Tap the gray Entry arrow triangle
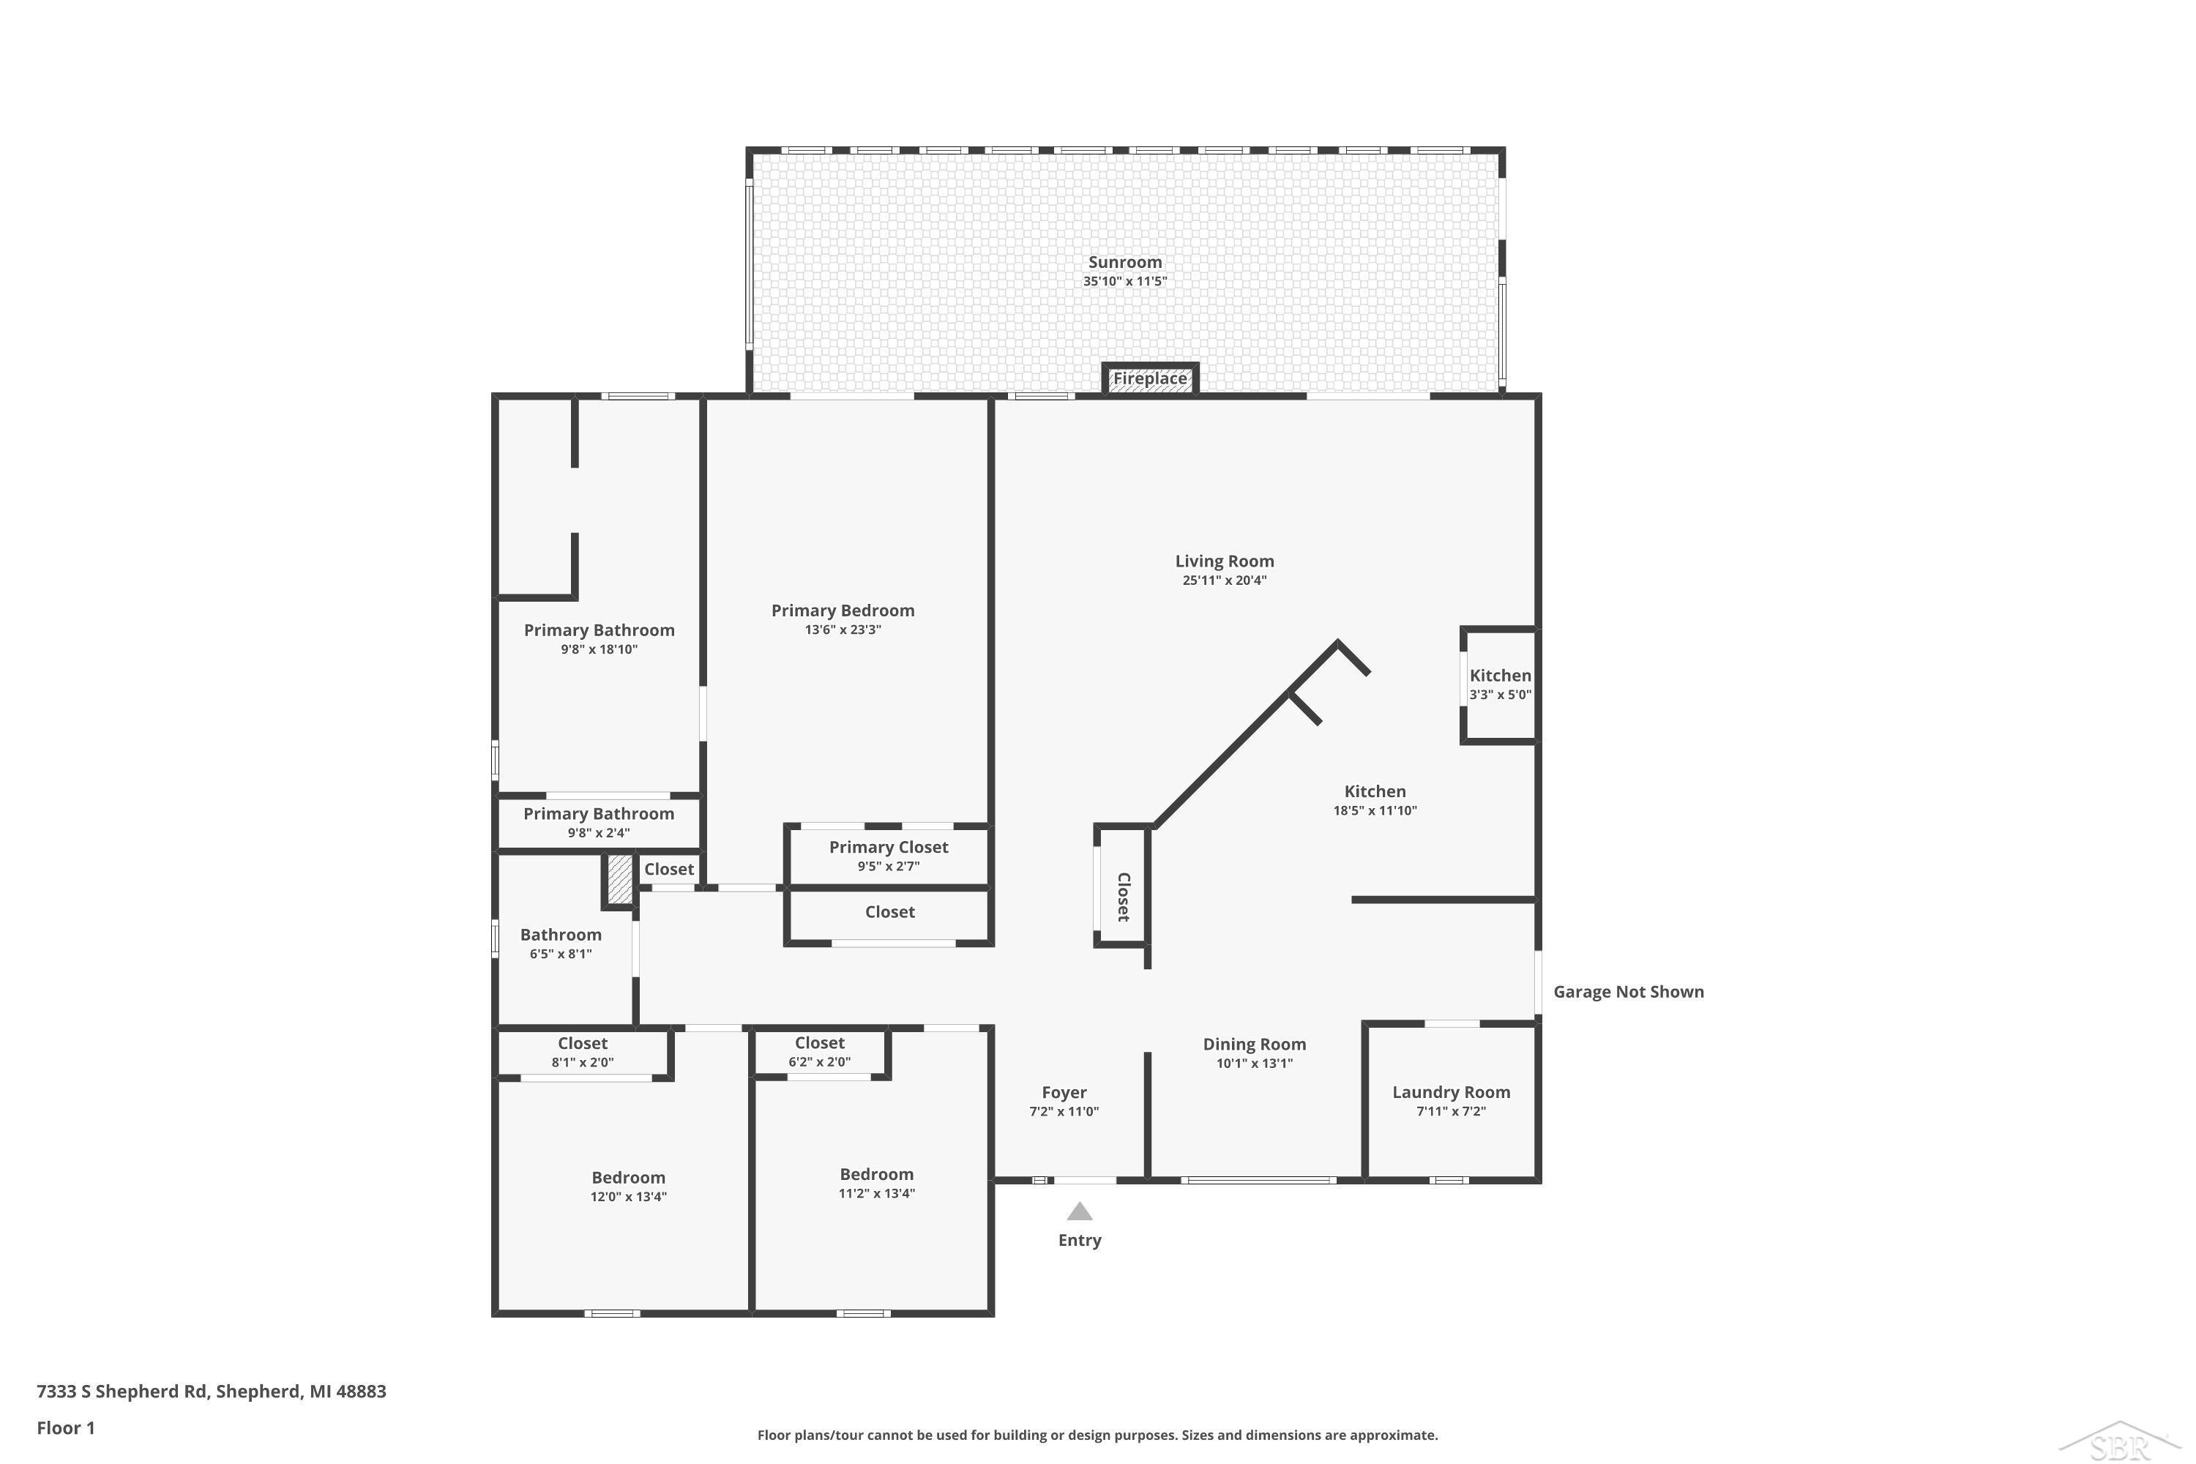(1079, 1211)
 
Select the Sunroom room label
(1125, 262)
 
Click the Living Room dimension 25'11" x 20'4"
(1224, 580)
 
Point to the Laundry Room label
(1451, 1092)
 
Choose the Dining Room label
(1254, 1045)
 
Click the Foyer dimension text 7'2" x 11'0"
(1064, 1112)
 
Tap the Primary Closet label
(888, 848)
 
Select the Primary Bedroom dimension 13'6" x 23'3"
(843, 630)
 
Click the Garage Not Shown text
(1628, 993)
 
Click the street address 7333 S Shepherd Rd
(122, 1392)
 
